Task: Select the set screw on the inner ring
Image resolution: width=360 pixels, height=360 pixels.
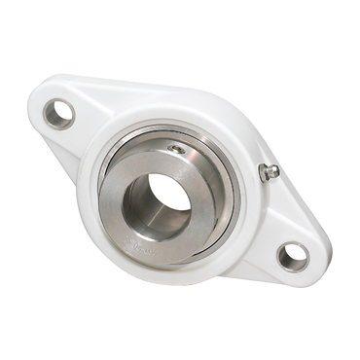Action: [x=175, y=149]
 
